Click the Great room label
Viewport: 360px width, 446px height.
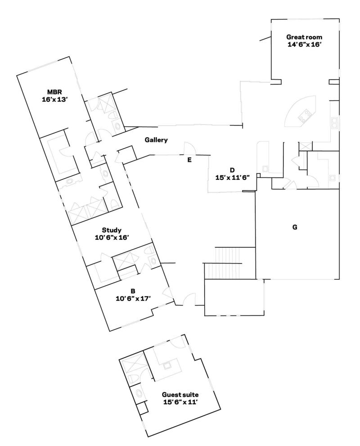(x=304, y=37)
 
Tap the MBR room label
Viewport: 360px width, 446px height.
(x=54, y=92)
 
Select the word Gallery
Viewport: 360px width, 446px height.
(x=156, y=140)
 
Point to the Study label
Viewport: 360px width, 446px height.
(x=112, y=230)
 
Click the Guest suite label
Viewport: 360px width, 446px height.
(x=180, y=395)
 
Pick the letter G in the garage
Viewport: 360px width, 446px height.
(x=295, y=227)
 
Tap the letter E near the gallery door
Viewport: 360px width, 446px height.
(x=189, y=160)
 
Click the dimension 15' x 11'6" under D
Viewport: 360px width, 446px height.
(x=232, y=177)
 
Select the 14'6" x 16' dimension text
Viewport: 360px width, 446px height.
(x=304, y=45)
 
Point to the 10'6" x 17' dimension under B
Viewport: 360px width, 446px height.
(x=133, y=298)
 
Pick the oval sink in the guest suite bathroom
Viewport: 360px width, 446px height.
(x=139, y=394)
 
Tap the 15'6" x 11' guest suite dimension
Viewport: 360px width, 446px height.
(x=180, y=402)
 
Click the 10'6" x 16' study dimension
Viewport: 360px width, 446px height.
(x=112, y=237)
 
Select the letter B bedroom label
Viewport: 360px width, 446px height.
(x=133, y=291)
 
